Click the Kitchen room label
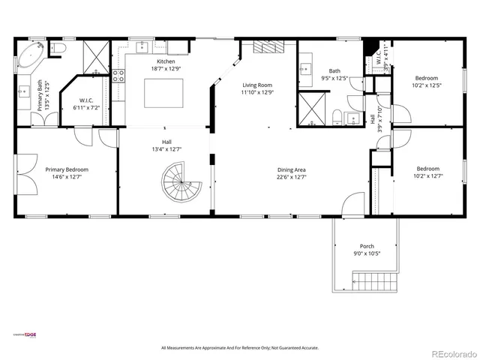coord(165,61)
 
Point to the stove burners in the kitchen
coord(118,75)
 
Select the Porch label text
coord(367,246)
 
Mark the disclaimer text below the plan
coord(239,347)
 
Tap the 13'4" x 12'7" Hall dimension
coord(166,149)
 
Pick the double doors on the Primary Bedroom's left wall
coord(22,172)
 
